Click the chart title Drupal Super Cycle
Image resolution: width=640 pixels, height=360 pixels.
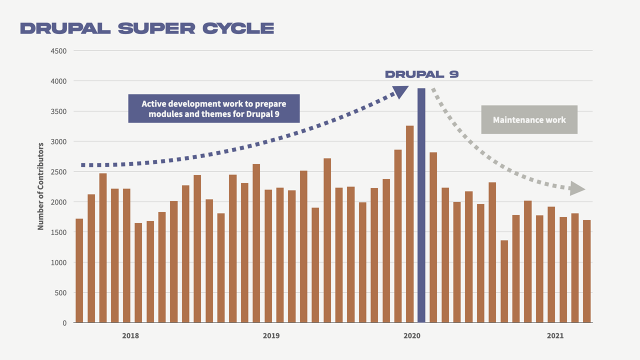click(147, 28)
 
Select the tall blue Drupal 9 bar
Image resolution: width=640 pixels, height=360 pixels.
click(421, 205)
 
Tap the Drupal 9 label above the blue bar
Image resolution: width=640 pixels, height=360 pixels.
click(421, 74)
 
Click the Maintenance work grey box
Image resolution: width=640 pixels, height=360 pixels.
click(529, 120)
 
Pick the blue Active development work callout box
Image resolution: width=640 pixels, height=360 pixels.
click(214, 108)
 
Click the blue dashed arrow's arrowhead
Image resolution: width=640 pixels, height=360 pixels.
click(400, 92)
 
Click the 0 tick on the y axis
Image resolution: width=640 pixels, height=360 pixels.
click(64, 323)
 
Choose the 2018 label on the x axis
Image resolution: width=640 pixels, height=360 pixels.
click(130, 336)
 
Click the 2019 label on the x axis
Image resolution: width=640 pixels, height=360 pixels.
click(271, 336)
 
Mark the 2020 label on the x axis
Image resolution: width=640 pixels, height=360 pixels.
click(412, 336)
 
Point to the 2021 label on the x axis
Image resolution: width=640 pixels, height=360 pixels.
click(555, 336)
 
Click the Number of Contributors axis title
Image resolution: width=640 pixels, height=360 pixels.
click(41, 186)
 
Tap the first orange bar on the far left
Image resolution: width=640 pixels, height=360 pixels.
click(79, 270)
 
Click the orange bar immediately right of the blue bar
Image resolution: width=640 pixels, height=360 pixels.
click(433, 237)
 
